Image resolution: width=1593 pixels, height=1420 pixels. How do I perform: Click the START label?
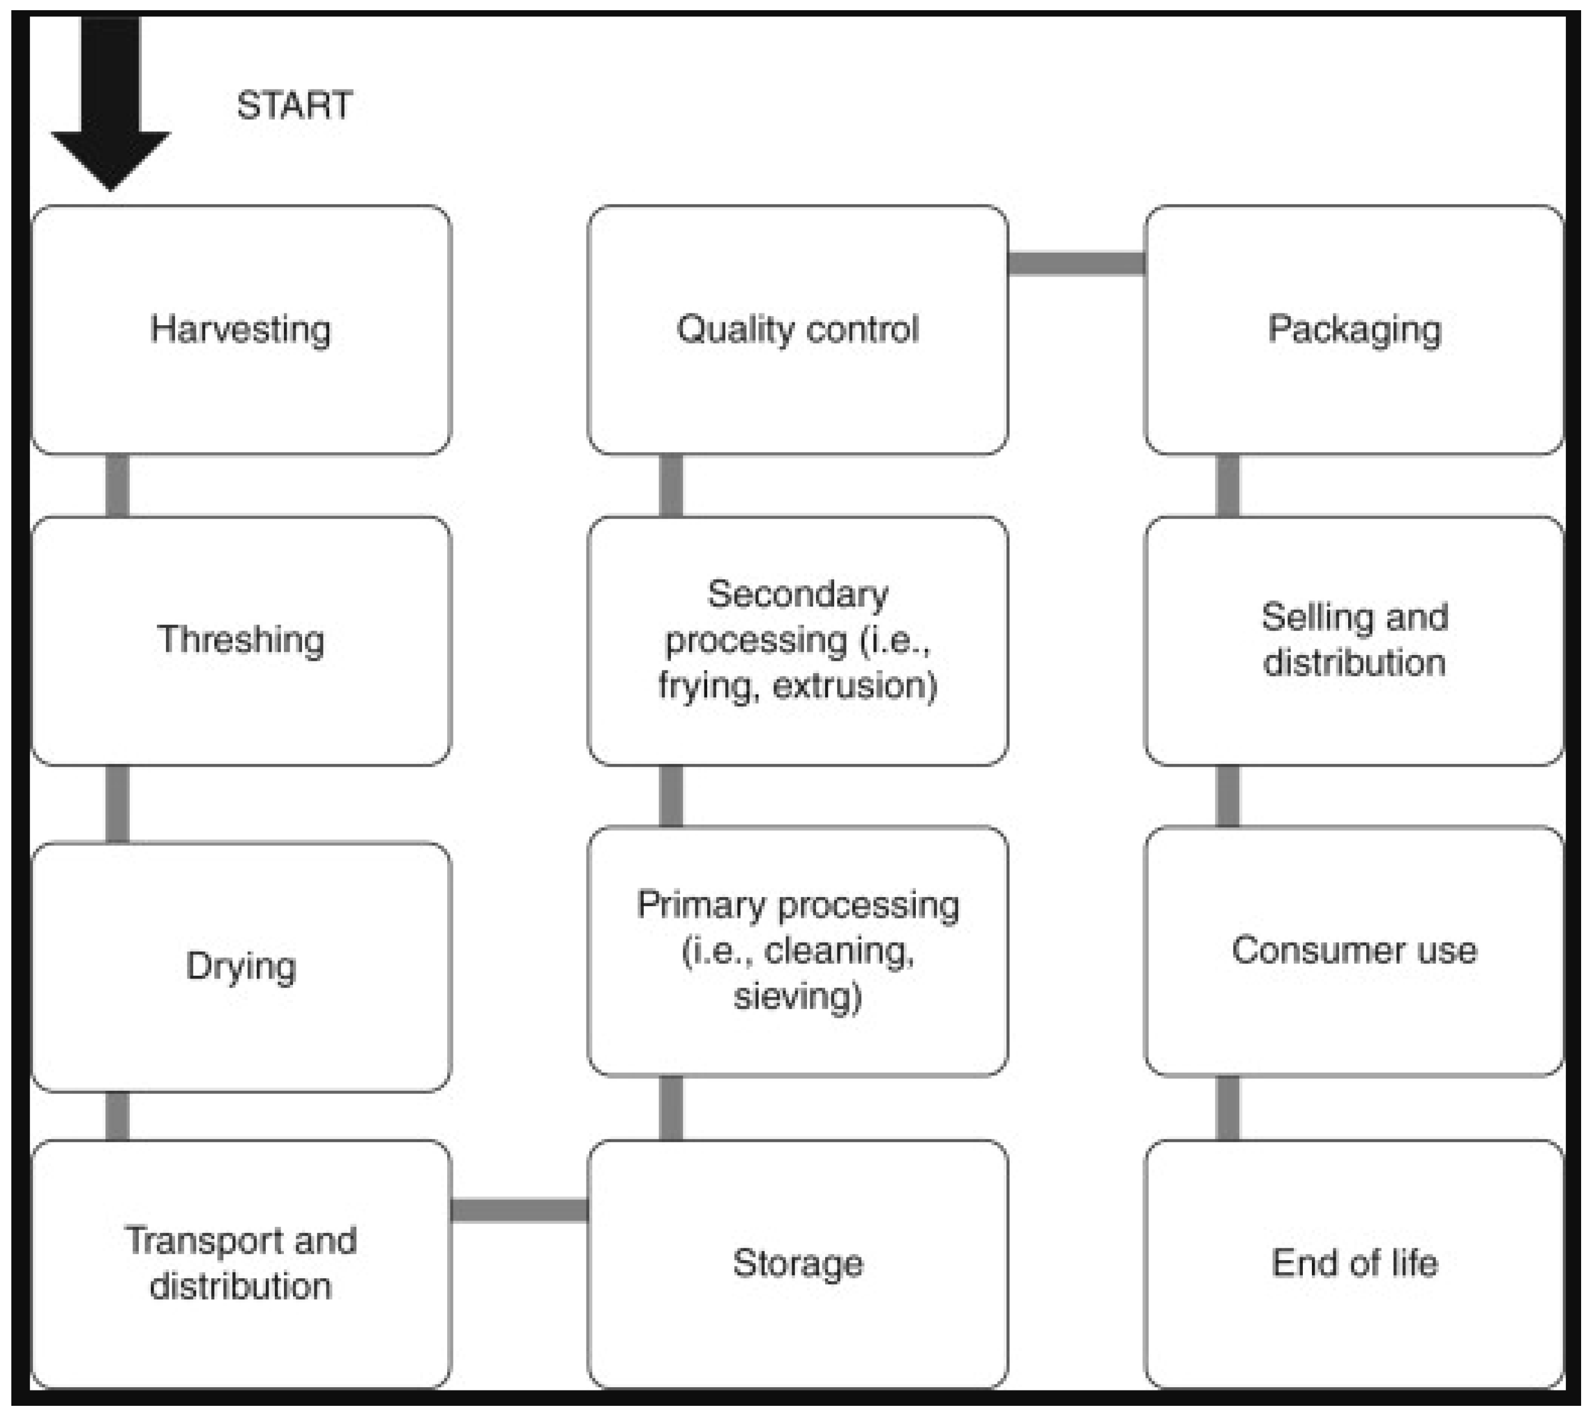click(x=294, y=105)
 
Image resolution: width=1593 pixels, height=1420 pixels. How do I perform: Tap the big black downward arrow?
click(x=110, y=101)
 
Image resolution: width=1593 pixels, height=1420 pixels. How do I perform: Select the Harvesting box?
click(x=241, y=329)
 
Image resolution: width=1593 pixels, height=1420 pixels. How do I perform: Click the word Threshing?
click(x=240, y=640)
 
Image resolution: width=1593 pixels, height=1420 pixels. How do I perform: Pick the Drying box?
click(x=241, y=966)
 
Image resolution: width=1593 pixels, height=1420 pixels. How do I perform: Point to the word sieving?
click(x=797, y=996)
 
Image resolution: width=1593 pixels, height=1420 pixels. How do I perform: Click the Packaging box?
click(x=1353, y=329)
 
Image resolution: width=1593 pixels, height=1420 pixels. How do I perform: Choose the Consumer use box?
click(x=1353, y=950)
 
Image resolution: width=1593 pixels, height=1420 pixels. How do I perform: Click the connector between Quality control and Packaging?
click(x=1076, y=263)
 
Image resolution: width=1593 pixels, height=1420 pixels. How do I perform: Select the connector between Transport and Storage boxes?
click(x=519, y=1210)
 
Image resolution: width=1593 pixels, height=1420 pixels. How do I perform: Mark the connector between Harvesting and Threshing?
click(x=117, y=485)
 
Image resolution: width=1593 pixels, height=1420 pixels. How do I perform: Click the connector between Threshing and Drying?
click(x=117, y=803)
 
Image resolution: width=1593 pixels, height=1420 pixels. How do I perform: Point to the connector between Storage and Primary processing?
click(x=671, y=1108)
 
